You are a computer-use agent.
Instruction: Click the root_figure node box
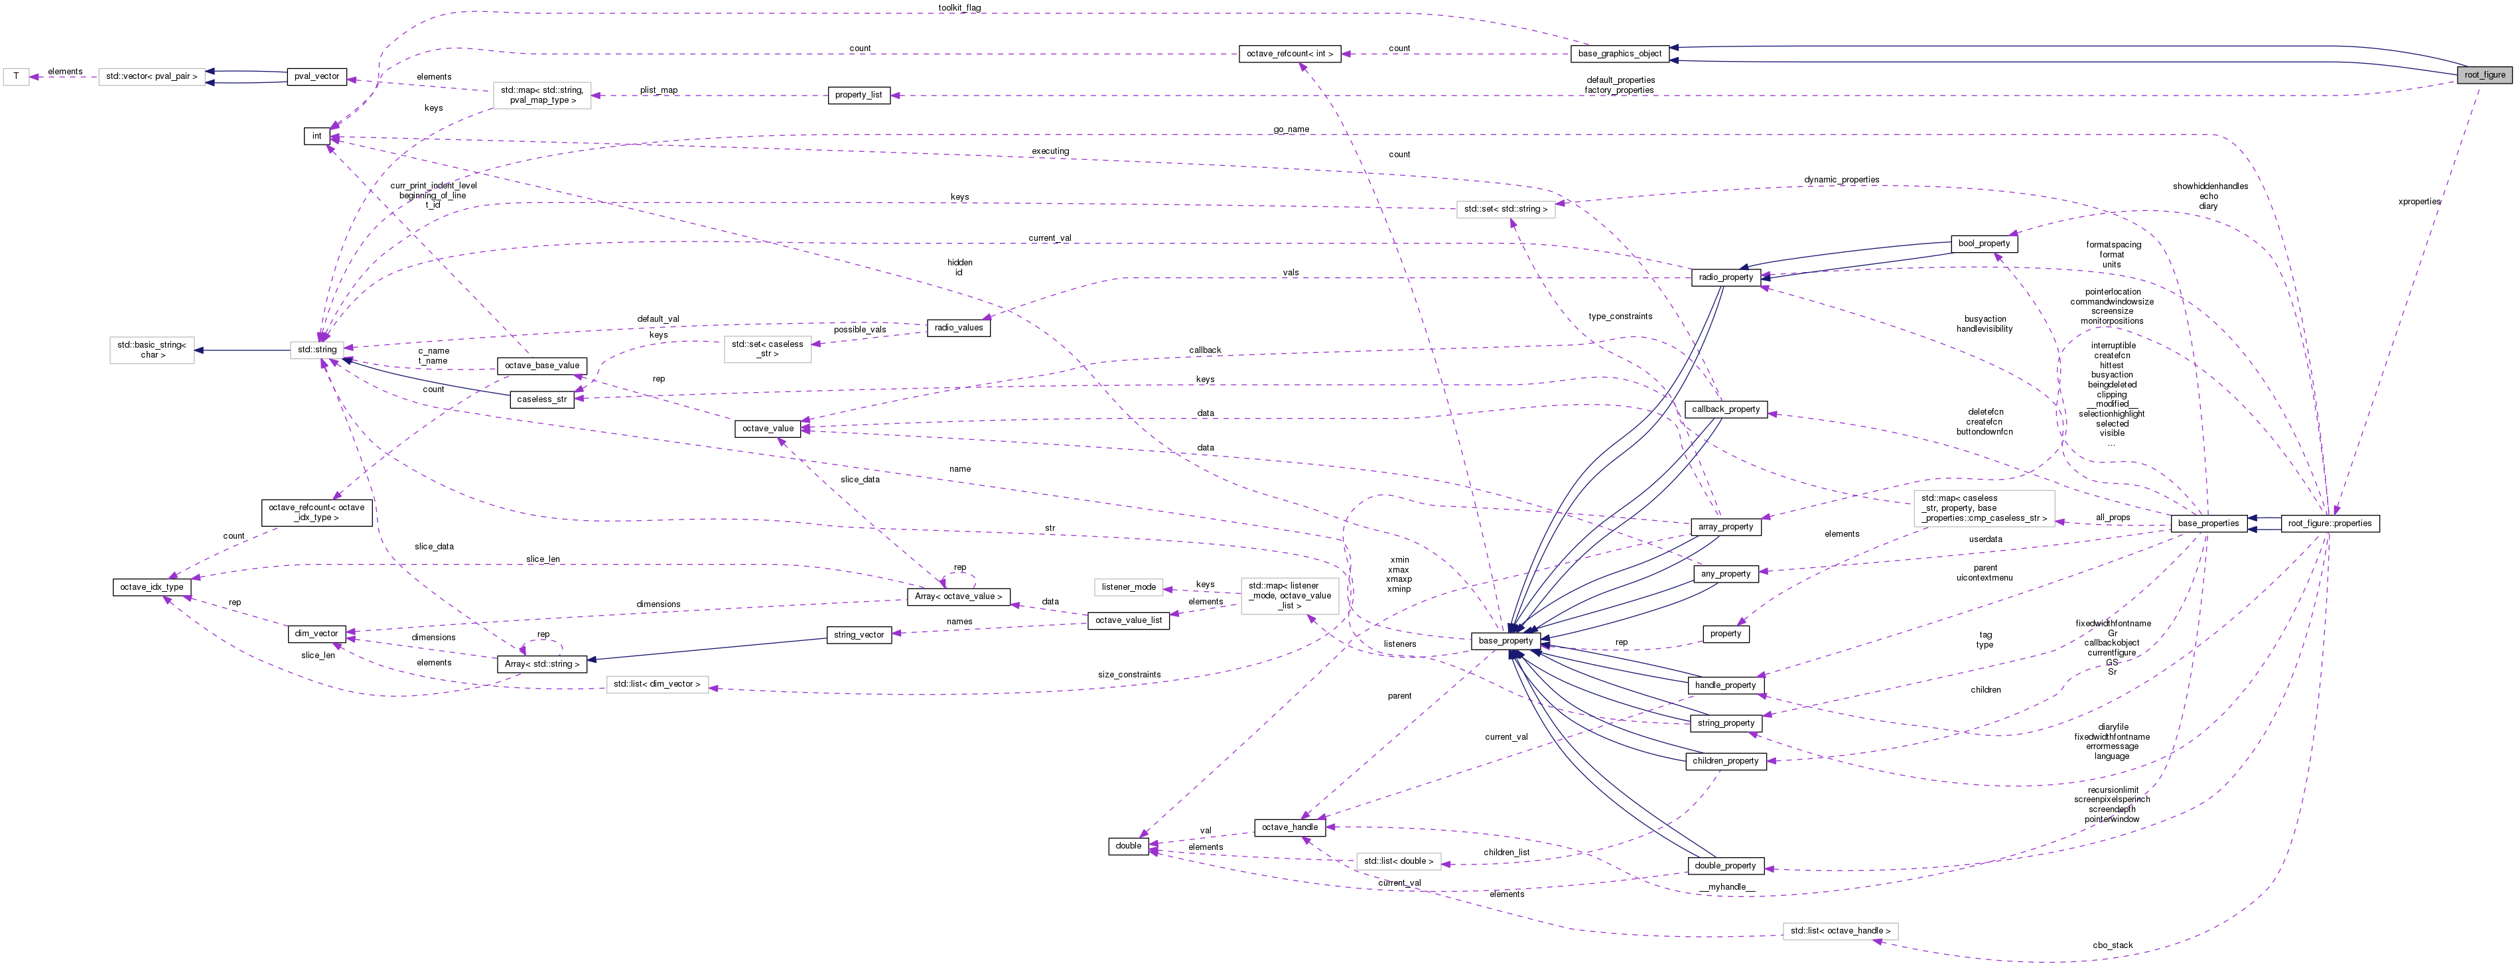2483,74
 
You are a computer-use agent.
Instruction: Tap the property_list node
857,95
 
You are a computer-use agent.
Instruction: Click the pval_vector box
316,76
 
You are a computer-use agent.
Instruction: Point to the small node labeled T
16,76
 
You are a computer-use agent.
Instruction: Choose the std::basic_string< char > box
151,350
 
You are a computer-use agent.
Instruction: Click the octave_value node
768,428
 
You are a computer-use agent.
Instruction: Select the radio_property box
1725,277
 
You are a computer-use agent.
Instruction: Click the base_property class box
1505,641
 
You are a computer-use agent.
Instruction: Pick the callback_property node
1725,409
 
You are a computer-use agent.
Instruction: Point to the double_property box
1725,865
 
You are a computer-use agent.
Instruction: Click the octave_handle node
1289,827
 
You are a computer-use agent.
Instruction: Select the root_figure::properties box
2330,523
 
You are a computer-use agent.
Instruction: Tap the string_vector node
859,635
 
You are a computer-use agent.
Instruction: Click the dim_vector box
316,634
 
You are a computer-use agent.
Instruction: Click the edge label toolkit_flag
959,8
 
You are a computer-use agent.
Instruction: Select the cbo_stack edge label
2113,945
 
